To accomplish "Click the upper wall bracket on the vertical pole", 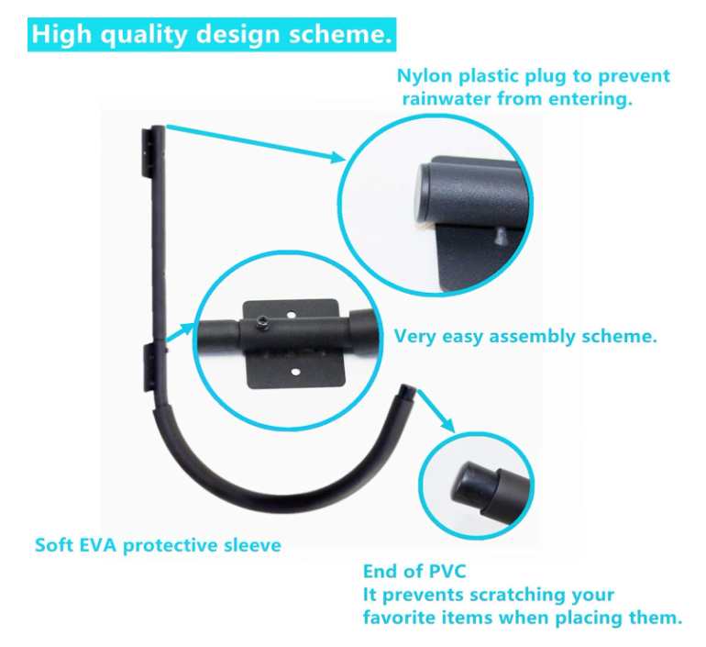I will point(148,151).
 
